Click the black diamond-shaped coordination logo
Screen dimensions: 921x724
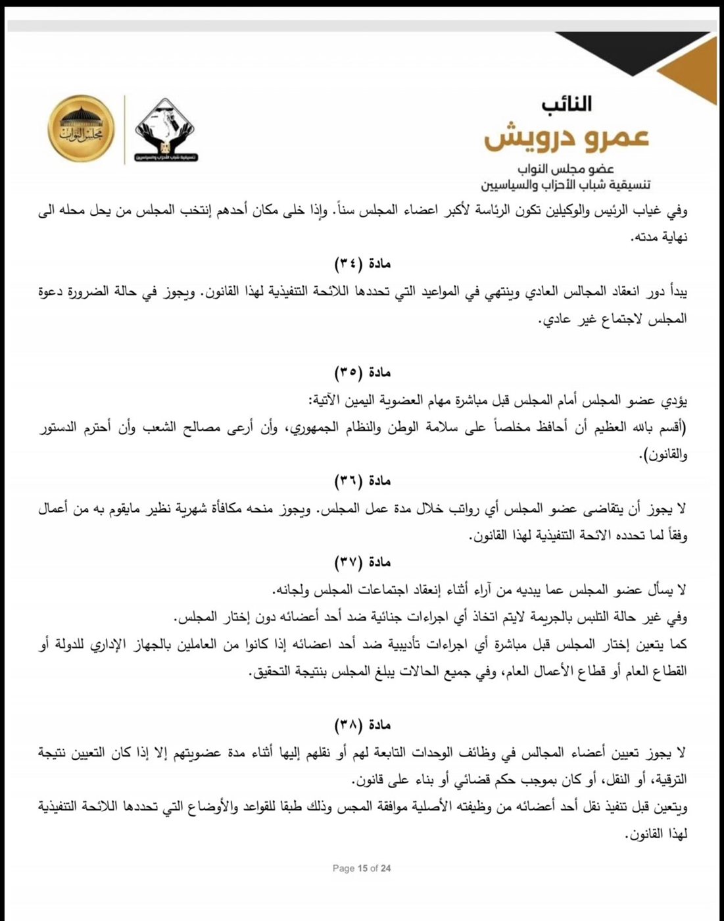pyautogui.click(x=166, y=130)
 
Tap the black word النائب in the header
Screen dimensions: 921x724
pyautogui.click(x=567, y=104)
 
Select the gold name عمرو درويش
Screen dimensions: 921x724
pyautogui.click(x=567, y=136)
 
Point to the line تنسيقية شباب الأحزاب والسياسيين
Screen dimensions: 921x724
pyautogui.click(x=564, y=184)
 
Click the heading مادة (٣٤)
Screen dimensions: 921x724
pyautogui.click(x=362, y=264)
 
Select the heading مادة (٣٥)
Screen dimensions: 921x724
pyautogui.click(x=362, y=372)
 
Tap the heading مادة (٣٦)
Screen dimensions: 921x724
pyautogui.click(x=362, y=481)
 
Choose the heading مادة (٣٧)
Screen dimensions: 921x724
pyautogui.click(x=362, y=562)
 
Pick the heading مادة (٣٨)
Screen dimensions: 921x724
pyautogui.click(x=362, y=725)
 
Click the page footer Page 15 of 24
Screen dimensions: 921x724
pyautogui.click(x=362, y=868)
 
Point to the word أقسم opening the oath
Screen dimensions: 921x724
pyautogui.click(x=669, y=428)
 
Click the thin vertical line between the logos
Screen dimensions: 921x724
pyautogui.click(x=124, y=130)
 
